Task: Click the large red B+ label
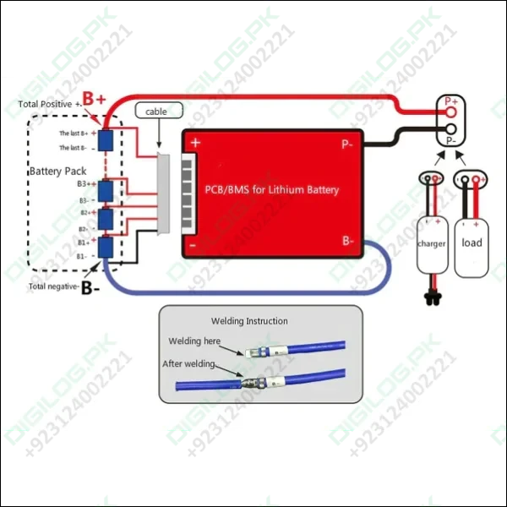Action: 93,100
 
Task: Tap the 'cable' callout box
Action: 156,112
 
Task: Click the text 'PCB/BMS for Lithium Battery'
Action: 272,189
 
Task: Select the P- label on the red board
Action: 347,144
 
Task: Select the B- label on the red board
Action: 348,241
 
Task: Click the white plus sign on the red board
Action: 195,144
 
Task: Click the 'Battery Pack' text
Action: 57,172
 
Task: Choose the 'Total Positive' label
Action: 49,104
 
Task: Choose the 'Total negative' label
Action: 54,286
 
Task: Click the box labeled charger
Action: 431,243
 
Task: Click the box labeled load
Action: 472,243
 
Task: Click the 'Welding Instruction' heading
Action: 248,321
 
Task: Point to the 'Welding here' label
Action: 194,341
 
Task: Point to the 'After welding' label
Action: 188,363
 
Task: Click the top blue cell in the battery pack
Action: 106,140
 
